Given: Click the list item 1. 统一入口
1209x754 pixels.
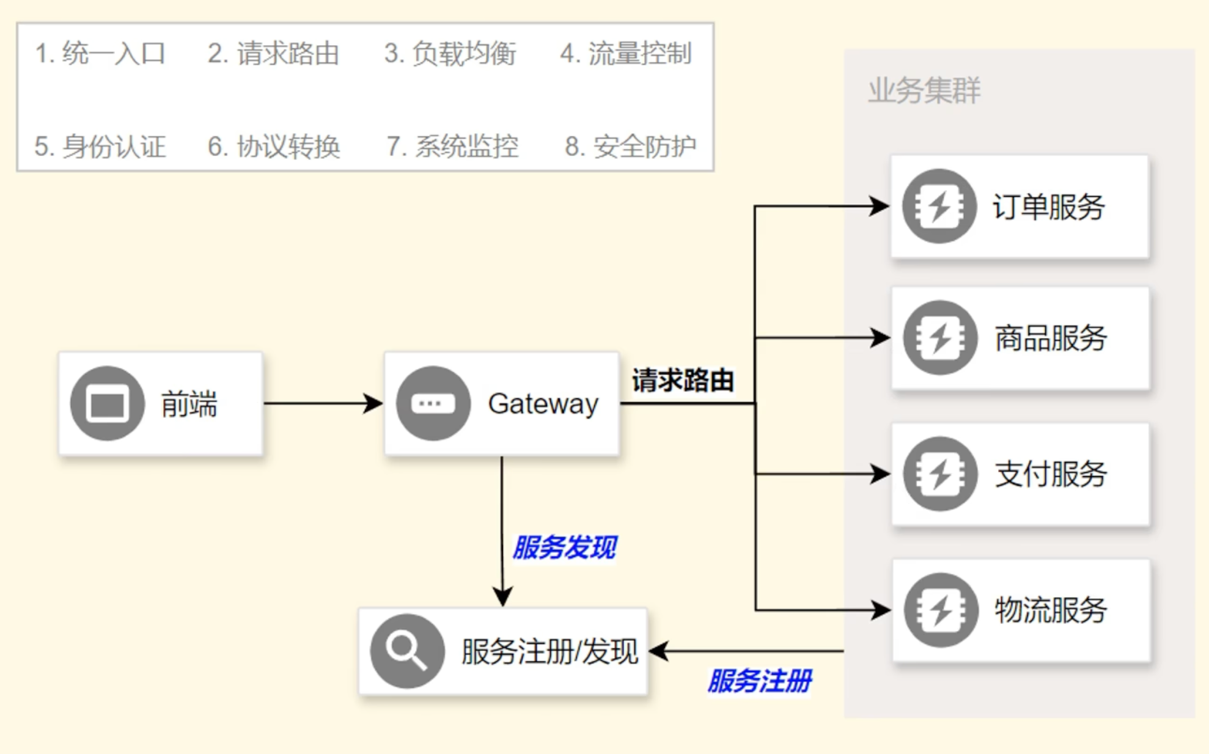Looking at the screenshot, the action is pyautogui.click(x=100, y=54).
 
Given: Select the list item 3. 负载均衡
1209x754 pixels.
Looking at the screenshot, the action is pyautogui.click(x=450, y=54).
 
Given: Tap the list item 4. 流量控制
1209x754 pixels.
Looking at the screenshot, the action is pyautogui.click(x=626, y=54).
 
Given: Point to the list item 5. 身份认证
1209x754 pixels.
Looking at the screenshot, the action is pyautogui.click(x=100, y=147).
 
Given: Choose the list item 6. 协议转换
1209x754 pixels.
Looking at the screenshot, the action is pyautogui.click(x=274, y=147).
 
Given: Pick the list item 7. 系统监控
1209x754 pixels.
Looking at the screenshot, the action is pyautogui.click(x=452, y=147).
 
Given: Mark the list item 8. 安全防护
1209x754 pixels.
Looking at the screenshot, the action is pyautogui.click(x=630, y=147).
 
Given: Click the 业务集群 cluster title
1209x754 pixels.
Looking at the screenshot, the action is pyautogui.click(x=924, y=90).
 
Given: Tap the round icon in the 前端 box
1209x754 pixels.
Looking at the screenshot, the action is pyautogui.click(x=108, y=403).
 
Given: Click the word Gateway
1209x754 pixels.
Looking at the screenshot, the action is pyautogui.click(x=543, y=404).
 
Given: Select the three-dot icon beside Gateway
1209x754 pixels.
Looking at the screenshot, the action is pyautogui.click(x=433, y=403).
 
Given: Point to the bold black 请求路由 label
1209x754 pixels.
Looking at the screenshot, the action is pyautogui.click(x=683, y=380).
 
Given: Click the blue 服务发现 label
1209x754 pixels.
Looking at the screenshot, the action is pyautogui.click(x=565, y=547).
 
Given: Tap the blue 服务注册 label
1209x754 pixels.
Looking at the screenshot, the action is pyautogui.click(x=760, y=681).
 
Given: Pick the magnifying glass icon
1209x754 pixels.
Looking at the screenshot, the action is pyautogui.click(x=408, y=651).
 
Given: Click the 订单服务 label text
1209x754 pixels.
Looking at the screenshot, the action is pyautogui.click(x=1049, y=207).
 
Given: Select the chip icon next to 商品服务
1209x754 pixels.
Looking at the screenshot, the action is pyautogui.click(x=941, y=337).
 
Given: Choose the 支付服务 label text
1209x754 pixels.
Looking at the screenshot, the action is pyautogui.click(x=1051, y=474).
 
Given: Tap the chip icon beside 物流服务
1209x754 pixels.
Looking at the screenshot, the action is pyautogui.click(x=941, y=610).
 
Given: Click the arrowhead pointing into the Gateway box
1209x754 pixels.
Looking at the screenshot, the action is pyautogui.click(x=373, y=403).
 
